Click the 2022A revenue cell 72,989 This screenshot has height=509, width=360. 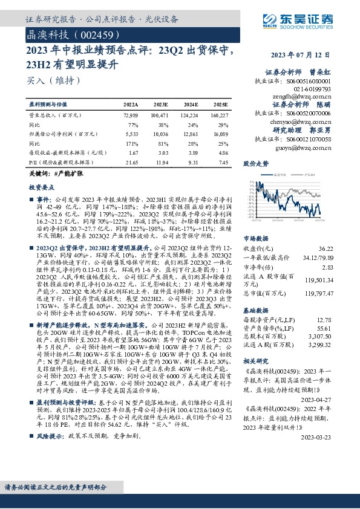pos(131,114)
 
